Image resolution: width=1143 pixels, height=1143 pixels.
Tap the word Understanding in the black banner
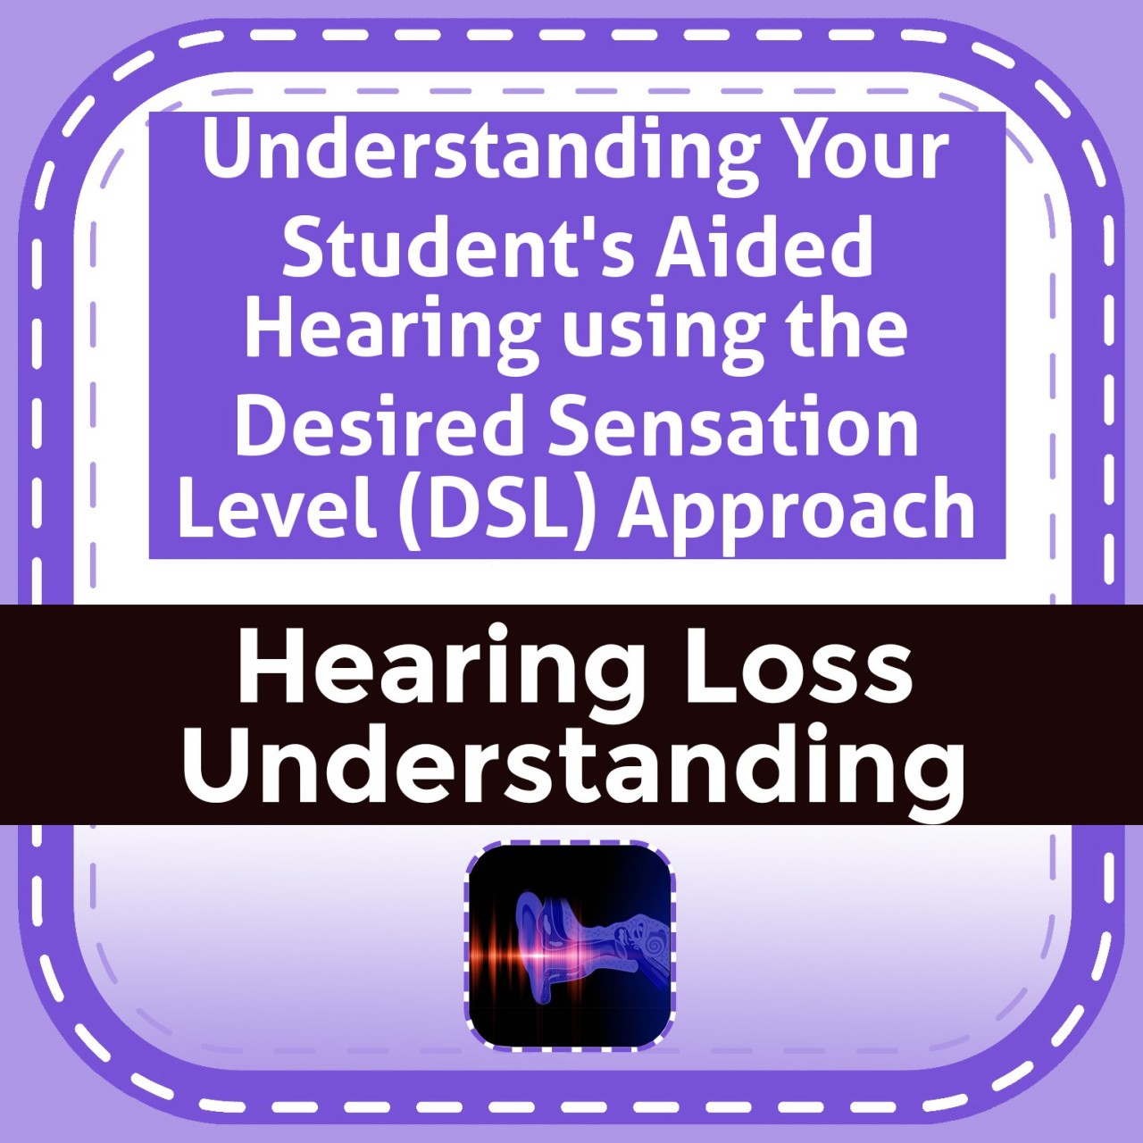click(572, 771)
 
